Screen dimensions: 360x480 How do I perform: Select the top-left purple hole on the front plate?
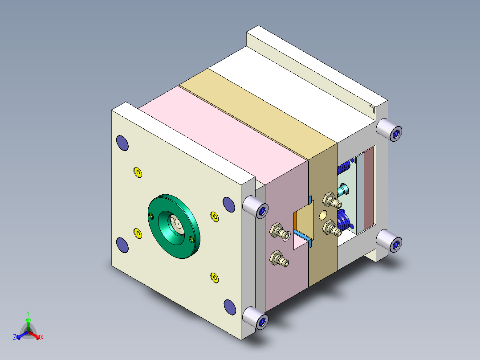tap(122, 143)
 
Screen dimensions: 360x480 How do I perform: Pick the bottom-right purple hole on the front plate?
tap(229, 307)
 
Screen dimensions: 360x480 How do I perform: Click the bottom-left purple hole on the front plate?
tap(122, 245)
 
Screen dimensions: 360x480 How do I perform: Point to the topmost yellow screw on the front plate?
tap(138, 172)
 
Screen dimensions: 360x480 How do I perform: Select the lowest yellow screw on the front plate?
tap(214, 278)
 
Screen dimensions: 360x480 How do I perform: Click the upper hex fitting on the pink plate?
tap(277, 230)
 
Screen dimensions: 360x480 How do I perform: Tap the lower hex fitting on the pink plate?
tap(278, 259)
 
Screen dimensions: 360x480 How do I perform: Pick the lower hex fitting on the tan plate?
tap(332, 229)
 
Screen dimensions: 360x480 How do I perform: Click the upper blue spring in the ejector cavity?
tap(343, 168)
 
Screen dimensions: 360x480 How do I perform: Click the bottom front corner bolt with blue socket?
tap(256, 319)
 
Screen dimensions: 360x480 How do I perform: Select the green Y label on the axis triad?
tap(28, 313)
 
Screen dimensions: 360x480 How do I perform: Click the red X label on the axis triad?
tap(41, 338)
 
